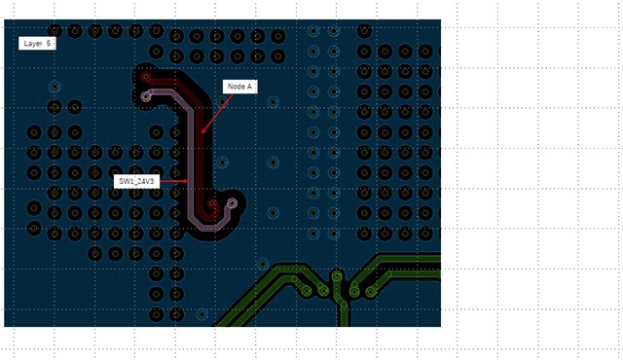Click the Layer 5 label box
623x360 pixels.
(x=37, y=43)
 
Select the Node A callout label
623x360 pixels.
(x=240, y=87)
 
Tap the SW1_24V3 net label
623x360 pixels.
(x=136, y=181)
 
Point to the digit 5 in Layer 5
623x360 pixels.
(x=49, y=43)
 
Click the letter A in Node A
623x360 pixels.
(x=249, y=87)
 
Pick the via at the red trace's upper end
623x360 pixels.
(x=146, y=77)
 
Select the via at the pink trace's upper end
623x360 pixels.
(x=147, y=96)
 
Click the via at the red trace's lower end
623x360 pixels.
(x=212, y=204)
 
